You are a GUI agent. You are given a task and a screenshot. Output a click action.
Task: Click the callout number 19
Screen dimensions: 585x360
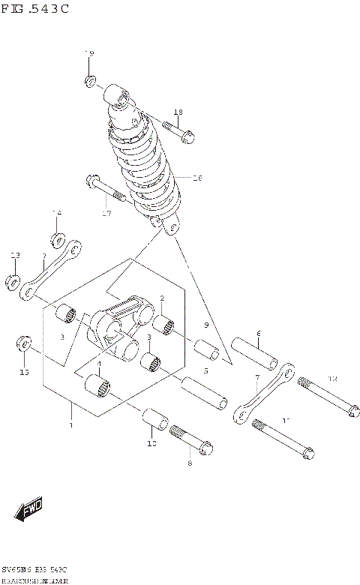(89, 54)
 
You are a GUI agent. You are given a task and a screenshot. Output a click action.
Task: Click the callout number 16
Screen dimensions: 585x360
(198, 178)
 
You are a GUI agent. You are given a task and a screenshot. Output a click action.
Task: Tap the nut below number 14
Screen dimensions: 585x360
(57, 240)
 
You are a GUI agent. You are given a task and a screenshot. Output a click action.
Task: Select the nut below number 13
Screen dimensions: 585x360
(13, 282)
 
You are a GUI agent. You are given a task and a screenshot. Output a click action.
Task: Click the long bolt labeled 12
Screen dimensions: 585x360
(326, 396)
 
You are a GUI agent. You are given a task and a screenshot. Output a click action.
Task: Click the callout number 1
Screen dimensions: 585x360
(70, 425)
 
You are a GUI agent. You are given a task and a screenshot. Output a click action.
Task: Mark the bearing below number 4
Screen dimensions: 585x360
(98, 387)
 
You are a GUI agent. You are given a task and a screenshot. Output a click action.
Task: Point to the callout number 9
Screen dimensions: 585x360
(205, 325)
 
